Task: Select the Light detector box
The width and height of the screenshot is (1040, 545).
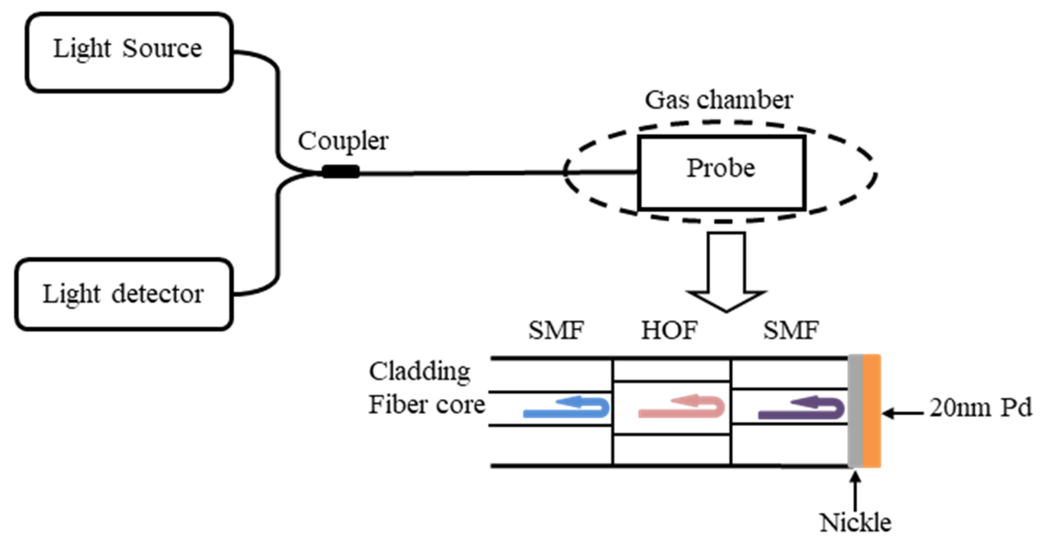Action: click(x=124, y=294)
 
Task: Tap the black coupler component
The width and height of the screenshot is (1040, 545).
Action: click(x=340, y=172)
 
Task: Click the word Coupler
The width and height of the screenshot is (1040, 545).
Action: click(x=343, y=141)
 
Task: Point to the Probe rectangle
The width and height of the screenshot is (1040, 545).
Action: click(x=721, y=173)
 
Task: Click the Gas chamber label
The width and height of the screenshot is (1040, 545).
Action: click(x=719, y=100)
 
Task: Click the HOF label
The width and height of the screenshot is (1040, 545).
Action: click(x=669, y=331)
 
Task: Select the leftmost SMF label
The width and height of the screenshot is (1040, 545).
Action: click(x=556, y=331)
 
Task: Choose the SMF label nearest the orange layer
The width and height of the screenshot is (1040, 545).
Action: click(x=790, y=331)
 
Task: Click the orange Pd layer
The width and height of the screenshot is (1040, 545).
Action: click(x=871, y=411)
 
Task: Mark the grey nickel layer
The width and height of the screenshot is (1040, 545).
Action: click(x=855, y=411)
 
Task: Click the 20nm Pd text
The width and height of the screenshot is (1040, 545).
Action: click(x=980, y=408)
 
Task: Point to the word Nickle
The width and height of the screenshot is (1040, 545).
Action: click(x=855, y=523)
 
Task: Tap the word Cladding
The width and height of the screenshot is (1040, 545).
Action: click(x=420, y=372)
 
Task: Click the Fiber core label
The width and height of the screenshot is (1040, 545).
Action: click(x=426, y=405)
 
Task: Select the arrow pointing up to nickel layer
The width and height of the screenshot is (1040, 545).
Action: click(x=855, y=491)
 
